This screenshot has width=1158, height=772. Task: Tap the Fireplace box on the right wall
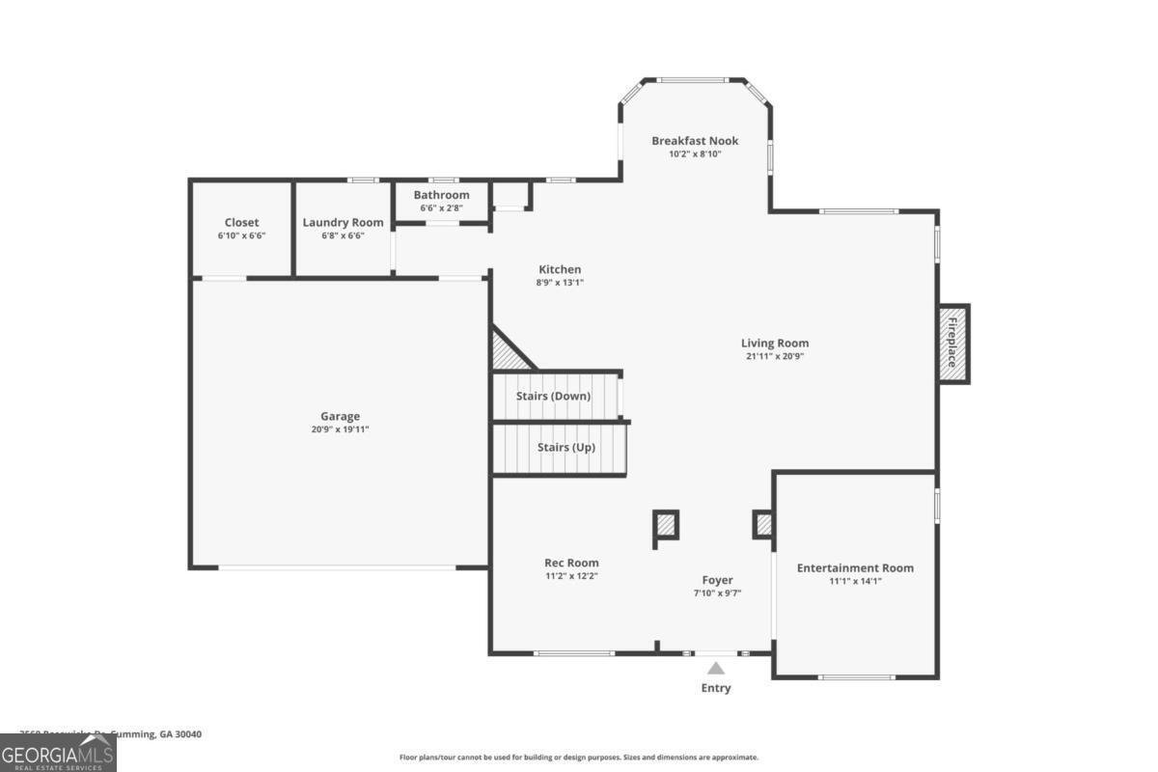click(x=952, y=343)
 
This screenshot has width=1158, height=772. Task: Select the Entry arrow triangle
click(x=716, y=668)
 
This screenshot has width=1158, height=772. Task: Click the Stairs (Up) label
click(x=565, y=448)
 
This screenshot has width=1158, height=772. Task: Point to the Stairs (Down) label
click(x=555, y=397)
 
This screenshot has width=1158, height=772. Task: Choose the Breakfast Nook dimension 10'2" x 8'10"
click(x=695, y=154)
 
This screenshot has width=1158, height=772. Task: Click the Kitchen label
click(x=560, y=269)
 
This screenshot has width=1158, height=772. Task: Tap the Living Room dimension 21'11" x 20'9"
click(x=774, y=356)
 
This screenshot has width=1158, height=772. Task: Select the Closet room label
click(x=241, y=223)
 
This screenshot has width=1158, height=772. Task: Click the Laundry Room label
click(x=343, y=223)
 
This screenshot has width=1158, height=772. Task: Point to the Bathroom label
click(x=441, y=195)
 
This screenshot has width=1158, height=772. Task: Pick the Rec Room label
click(x=571, y=563)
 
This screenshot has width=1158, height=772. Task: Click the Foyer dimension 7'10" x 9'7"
click(x=717, y=593)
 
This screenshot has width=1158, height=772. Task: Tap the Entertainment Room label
click(x=855, y=568)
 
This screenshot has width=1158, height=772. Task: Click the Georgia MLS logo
click(x=58, y=753)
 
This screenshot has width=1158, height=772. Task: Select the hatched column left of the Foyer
click(x=666, y=526)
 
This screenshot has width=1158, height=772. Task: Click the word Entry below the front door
click(x=716, y=688)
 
